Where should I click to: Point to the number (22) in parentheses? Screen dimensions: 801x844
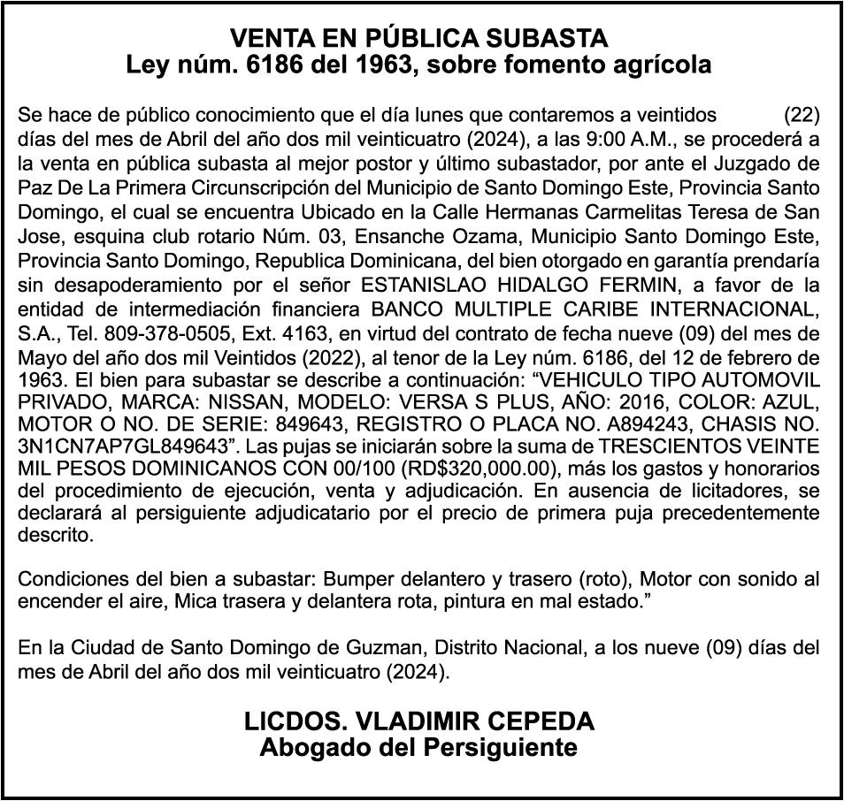[802, 115]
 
